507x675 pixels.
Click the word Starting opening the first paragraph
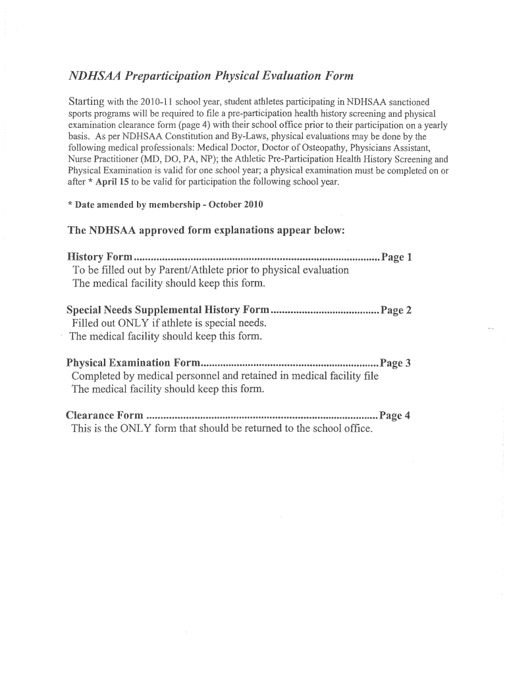coord(87,102)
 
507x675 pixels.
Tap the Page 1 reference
coord(396,256)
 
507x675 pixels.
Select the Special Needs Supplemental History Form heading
coord(168,310)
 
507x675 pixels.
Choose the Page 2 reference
coord(396,310)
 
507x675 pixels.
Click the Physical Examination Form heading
coord(133,363)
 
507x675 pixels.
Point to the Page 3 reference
coord(395,363)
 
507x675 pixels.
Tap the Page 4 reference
coord(394,415)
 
